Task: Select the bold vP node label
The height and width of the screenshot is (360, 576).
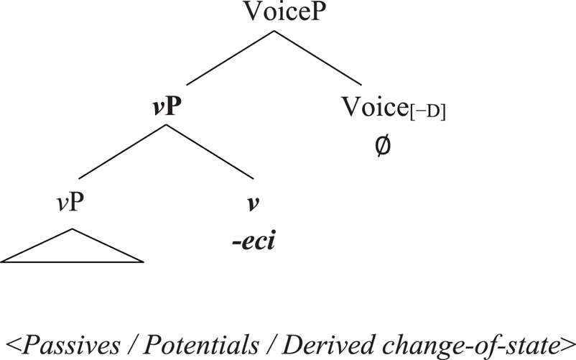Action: (x=165, y=110)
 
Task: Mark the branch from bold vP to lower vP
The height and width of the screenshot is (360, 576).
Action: (x=122, y=151)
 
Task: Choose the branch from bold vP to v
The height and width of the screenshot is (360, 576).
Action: (x=210, y=151)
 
